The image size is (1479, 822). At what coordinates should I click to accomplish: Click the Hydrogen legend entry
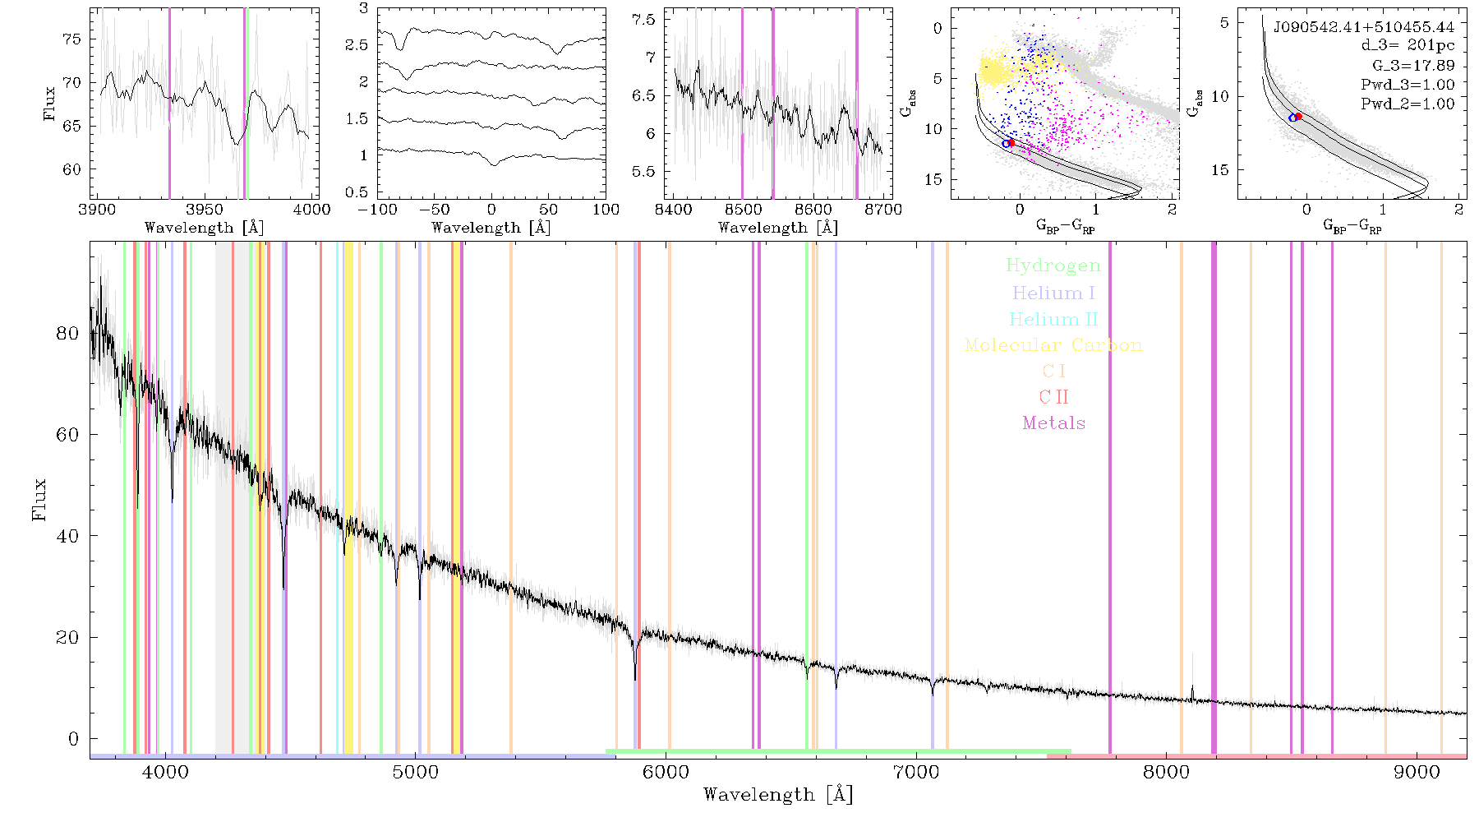pos(1053,266)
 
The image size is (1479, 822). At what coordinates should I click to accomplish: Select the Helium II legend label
pos(1053,319)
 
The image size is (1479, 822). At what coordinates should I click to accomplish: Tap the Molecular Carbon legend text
pos(1053,345)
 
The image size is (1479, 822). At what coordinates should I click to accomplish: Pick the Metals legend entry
pos(1053,423)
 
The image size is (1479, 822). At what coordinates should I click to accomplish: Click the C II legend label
pos(1053,397)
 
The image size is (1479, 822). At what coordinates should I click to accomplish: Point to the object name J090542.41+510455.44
pos(1364,27)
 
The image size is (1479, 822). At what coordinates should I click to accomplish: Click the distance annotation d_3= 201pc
pos(1407,46)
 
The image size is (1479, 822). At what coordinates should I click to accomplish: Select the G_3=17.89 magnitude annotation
pos(1413,66)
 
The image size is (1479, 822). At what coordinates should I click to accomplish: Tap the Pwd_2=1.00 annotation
pos(1408,104)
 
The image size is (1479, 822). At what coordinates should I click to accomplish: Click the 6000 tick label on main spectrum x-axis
pos(666,772)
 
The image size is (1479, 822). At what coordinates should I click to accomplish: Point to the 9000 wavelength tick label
pos(1417,772)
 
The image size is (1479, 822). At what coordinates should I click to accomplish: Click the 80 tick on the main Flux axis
pos(67,333)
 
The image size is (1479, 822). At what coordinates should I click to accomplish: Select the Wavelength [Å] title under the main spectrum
pos(778,795)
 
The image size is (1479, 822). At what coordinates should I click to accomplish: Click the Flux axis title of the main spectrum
pos(39,499)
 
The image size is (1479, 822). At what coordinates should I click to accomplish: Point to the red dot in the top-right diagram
pos(1298,117)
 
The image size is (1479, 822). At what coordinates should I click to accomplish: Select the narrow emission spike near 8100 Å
pos(1192,692)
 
